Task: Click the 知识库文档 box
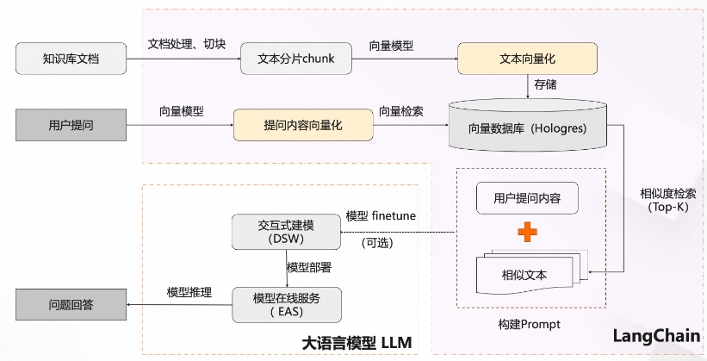click(71, 59)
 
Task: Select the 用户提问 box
click(71, 126)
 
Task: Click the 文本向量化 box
click(528, 59)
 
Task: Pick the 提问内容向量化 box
click(302, 126)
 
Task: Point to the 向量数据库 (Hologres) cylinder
click(528, 128)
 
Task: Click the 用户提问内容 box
click(527, 199)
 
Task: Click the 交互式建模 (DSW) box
click(287, 231)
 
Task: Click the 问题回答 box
click(71, 304)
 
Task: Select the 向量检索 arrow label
click(400, 111)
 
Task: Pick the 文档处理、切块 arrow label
click(187, 44)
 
